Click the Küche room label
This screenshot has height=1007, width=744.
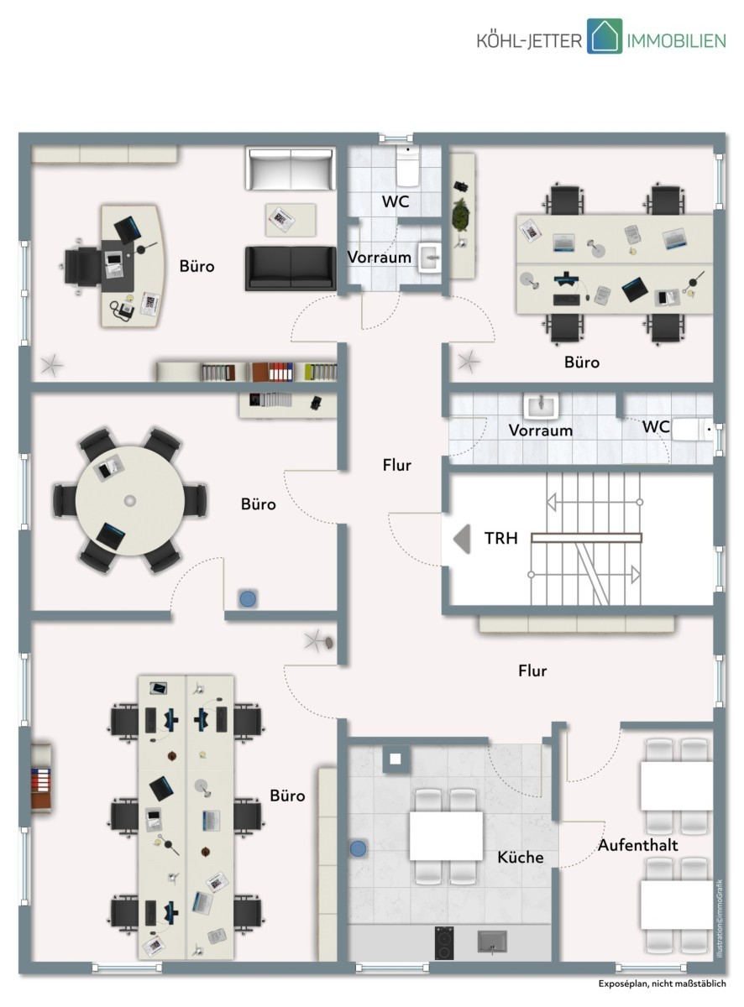point(520,857)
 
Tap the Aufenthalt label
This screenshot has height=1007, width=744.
point(637,844)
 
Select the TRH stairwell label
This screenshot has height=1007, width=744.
point(500,538)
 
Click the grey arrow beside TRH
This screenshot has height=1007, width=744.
point(462,539)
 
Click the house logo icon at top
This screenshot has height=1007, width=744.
point(604,36)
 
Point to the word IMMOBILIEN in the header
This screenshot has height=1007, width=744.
point(676,41)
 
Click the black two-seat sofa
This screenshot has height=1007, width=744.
point(291,268)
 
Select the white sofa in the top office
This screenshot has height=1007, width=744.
point(291,168)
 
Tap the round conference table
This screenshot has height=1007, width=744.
point(130,500)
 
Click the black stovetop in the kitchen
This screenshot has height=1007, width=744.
point(444,942)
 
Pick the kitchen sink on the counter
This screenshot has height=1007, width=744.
point(492,942)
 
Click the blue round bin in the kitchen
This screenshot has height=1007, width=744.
point(358,848)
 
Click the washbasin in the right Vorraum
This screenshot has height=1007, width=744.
point(541,405)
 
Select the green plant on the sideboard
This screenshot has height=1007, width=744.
point(461,214)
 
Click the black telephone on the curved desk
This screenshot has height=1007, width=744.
point(122,310)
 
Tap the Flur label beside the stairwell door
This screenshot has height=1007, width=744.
point(396,465)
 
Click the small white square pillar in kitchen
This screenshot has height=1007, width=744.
point(396,759)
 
